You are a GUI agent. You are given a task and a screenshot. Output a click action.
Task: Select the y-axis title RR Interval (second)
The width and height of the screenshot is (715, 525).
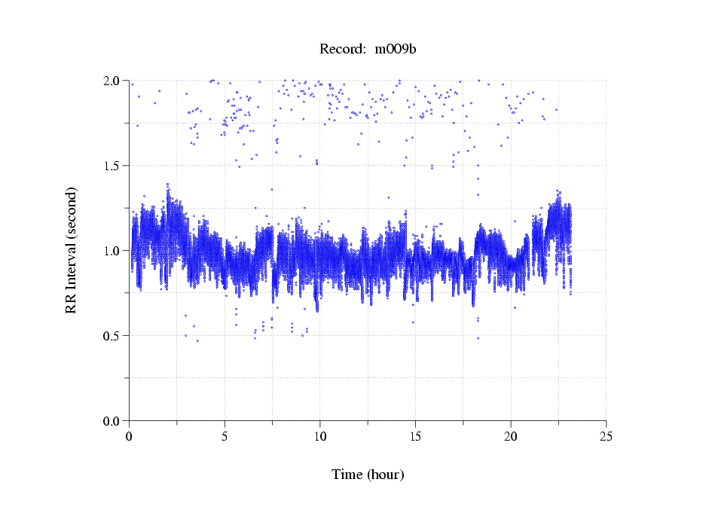pyautogui.click(x=72, y=250)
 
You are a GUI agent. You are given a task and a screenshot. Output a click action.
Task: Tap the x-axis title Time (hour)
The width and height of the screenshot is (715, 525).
pyautogui.click(x=368, y=475)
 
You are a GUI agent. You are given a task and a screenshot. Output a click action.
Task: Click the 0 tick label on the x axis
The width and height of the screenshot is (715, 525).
pyautogui.click(x=130, y=436)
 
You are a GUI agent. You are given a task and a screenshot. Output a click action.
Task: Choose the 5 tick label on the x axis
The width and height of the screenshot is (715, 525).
pyautogui.click(x=225, y=436)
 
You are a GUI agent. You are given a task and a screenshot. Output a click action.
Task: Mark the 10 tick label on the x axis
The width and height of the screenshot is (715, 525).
pyautogui.click(x=320, y=436)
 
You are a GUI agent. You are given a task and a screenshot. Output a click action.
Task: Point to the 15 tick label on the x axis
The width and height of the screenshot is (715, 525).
pyautogui.click(x=415, y=436)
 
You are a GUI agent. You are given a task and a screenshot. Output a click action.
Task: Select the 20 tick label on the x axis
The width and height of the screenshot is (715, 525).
pyautogui.click(x=511, y=436)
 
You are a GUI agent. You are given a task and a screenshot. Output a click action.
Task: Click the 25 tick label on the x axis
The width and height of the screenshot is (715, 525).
pyautogui.click(x=606, y=436)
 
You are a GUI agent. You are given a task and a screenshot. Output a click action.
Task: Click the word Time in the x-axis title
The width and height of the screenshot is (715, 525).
pyautogui.click(x=347, y=475)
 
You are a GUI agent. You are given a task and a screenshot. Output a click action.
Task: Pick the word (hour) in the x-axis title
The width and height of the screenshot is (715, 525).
pyautogui.click(x=385, y=475)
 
